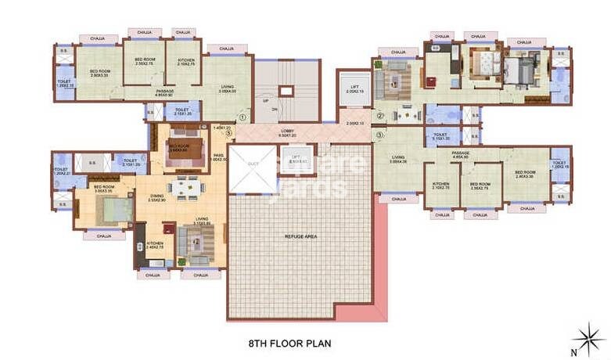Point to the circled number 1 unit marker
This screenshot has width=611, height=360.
(243, 118)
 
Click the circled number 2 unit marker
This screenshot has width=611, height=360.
(379, 117)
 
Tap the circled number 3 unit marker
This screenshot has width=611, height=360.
(379, 135)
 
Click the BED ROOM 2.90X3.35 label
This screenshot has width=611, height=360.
(99, 74)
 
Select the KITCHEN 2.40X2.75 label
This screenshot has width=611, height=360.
(155, 246)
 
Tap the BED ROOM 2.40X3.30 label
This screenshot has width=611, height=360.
(525, 175)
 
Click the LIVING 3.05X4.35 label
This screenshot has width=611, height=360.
(400, 160)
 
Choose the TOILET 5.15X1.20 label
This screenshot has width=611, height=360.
(441, 136)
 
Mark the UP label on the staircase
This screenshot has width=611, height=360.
(265, 101)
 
